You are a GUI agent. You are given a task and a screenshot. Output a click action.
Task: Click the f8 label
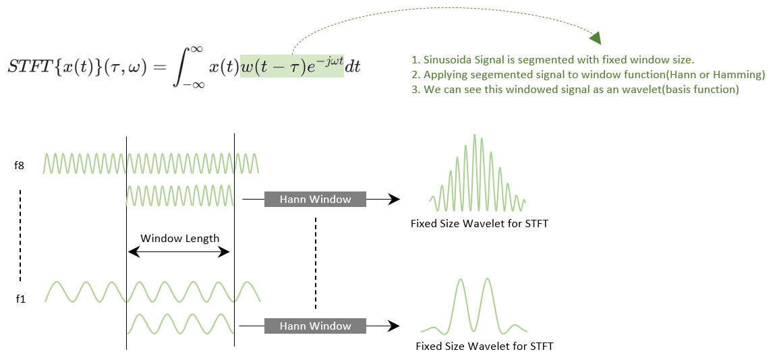[20, 164]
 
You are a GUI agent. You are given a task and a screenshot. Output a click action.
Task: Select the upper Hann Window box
[315, 199]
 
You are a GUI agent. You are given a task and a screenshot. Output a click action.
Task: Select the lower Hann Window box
[315, 326]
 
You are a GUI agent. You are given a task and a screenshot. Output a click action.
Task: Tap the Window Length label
[179, 238]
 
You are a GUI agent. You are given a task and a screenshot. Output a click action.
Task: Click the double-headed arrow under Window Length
[179, 251]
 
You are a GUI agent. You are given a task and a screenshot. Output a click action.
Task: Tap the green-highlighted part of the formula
[292, 66]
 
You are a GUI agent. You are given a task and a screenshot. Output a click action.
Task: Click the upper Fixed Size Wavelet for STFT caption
[479, 223]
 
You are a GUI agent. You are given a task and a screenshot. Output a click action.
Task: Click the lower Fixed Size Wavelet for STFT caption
[484, 347]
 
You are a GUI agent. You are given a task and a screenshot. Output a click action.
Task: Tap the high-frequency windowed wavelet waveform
[478, 173]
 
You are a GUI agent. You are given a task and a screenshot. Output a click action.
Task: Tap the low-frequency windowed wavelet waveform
[473, 307]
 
